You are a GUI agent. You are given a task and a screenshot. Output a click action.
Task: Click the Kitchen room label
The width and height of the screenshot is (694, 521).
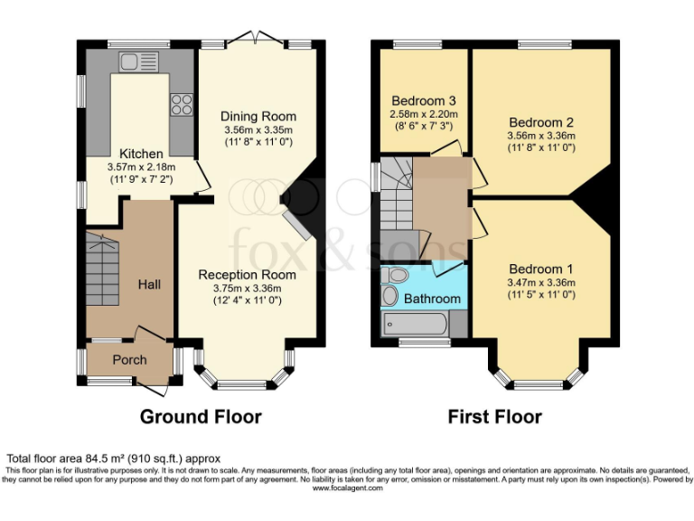click(x=142, y=154)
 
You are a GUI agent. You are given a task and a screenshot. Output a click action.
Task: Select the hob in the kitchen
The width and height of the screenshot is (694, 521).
click(x=181, y=104)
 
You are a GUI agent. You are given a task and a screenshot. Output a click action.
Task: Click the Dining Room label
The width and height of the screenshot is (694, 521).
click(x=258, y=117)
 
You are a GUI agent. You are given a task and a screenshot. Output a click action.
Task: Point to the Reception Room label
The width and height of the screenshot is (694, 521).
click(x=247, y=275)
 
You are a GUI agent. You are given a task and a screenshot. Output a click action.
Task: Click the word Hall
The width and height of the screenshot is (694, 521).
click(x=149, y=284)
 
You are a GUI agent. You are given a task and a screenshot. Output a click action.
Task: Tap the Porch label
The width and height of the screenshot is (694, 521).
click(x=129, y=360)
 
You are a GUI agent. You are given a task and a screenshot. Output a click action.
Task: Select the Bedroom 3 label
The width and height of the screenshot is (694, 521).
click(x=424, y=100)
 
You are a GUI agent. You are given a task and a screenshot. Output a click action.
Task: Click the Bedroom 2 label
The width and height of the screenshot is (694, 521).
click(x=541, y=122)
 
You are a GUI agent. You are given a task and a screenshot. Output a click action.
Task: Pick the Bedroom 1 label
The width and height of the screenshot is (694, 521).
click(x=541, y=269)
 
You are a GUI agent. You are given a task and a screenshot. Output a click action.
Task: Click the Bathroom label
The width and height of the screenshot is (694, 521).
click(x=432, y=298)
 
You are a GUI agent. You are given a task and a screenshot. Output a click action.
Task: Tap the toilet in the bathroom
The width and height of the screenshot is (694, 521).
click(x=395, y=275)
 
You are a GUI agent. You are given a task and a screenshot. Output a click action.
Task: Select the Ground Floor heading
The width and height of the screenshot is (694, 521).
click(x=201, y=417)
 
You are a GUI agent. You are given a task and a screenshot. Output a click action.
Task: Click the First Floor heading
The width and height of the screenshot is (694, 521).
click(x=495, y=417)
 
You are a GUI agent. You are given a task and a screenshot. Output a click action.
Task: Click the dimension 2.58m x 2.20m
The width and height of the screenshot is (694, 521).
click(x=424, y=115)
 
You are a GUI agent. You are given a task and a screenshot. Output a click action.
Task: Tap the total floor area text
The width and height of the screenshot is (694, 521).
click(x=114, y=459)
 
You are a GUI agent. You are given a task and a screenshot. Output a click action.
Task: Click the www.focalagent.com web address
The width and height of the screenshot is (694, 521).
click(x=347, y=488)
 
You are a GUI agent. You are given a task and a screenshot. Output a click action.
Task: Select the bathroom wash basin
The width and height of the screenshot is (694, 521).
click(x=390, y=296)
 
